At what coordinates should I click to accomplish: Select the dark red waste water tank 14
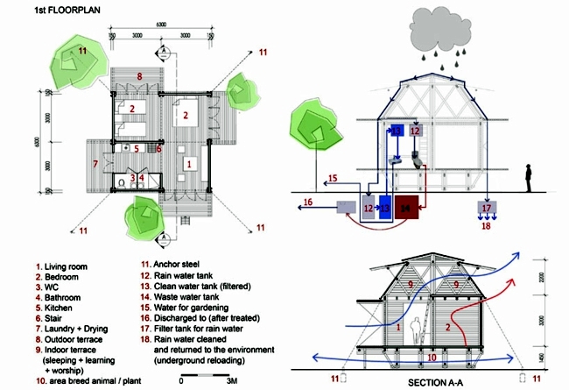pyautogui.click(x=404, y=207)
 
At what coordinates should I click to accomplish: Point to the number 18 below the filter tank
pyautogui.click(x=487, y=226)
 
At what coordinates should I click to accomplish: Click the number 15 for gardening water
pyautogui.click(x=332, y=179)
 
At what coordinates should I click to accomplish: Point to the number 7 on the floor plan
pyautogui.click(x=94, y=164)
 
